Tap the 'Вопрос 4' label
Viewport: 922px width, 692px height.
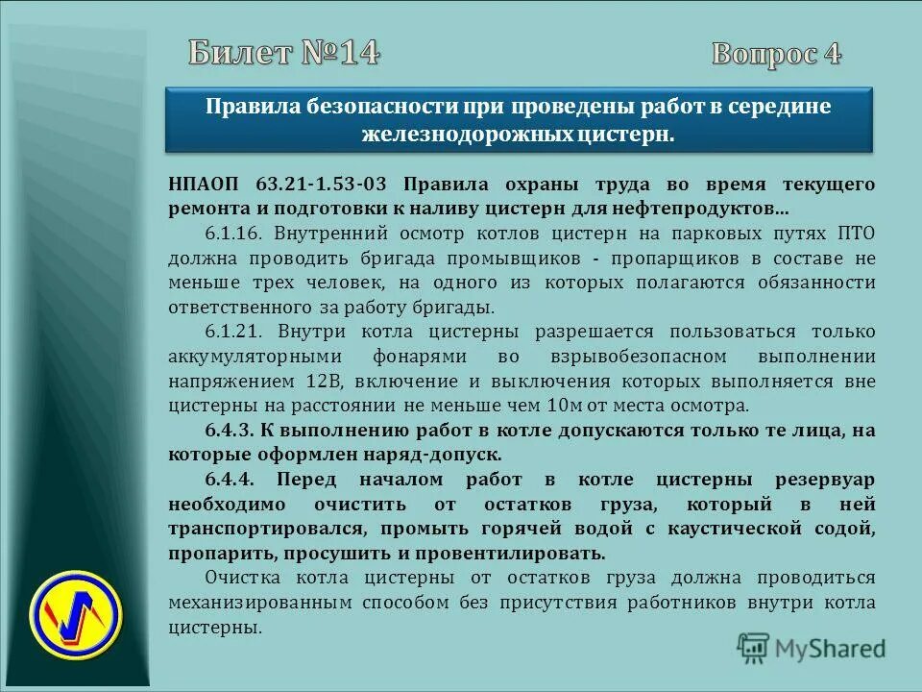(776, 53)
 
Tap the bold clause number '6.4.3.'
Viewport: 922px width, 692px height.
(231, 430)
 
